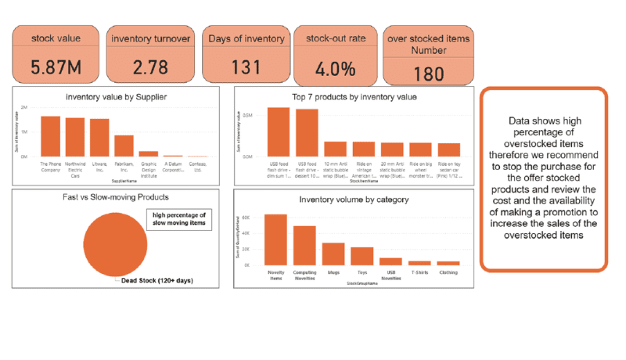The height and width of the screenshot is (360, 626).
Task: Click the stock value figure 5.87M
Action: click(56, 67)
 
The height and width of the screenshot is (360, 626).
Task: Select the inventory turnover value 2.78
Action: click(151, 67)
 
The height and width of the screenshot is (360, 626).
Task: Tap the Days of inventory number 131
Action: click(246, 67)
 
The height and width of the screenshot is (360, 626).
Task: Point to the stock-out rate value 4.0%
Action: click(337, 69)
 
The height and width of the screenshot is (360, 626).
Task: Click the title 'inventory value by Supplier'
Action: click(117, 97)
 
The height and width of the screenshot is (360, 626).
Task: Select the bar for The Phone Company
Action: click(50, 136)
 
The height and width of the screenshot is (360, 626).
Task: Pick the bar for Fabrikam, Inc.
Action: click(124, 146)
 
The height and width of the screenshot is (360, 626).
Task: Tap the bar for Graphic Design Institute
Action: click(148, 153)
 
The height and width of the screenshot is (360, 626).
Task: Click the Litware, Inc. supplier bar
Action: click(99, 138)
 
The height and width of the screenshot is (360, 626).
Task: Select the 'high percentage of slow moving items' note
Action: click(179, 220)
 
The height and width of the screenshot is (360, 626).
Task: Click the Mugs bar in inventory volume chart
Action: click(333, 254)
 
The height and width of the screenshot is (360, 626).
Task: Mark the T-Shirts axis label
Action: click(420, 273)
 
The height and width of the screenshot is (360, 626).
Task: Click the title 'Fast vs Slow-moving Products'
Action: click(117, 197)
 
